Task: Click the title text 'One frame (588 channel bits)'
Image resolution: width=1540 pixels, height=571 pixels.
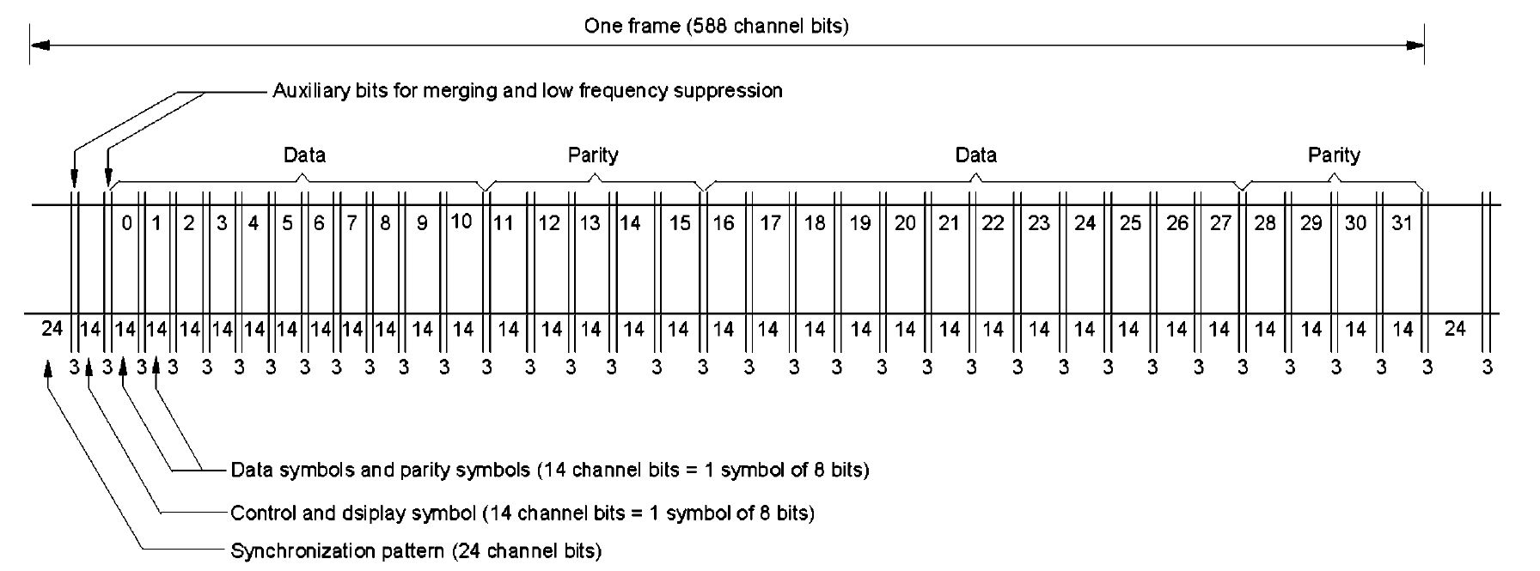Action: pyautogui.click(x=716, y=26)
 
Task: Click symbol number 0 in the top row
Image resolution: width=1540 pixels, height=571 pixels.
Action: pyautogui.click(x=127, y=224)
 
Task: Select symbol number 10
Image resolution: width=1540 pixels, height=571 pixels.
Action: pyautogui.click(x=461, y=222)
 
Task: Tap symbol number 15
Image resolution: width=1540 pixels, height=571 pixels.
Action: pyautogui.click(x=680, y=224)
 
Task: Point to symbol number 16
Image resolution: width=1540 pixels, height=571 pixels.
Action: pyautogui.click(x=724, y=224)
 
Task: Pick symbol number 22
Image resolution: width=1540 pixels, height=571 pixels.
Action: pyautogui.click(x=993, y=224)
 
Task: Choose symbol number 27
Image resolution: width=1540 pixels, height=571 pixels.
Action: pyautogui.click(x=1220, y=224)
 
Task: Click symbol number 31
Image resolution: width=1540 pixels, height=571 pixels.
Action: pyautogui.click(x=1402, y=224)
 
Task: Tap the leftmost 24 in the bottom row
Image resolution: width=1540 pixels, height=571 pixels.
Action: pyautogui.click(x=52, y=328)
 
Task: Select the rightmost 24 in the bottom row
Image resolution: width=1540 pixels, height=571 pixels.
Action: pyautogui.click(x=1455, y=328)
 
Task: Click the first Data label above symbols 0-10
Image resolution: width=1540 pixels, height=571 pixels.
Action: pyautogui.click(x=304, y=155)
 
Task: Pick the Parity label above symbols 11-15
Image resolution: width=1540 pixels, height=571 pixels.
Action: pyautogui.click(x=593, y=155)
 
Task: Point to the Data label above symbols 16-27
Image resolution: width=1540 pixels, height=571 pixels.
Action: pyautogui.click(x=976, y=155)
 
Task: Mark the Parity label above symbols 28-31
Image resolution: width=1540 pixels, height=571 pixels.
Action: pyautogui.click(x=1334, y=155)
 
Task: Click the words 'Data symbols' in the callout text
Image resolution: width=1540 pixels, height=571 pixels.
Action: pyautogui.click(x=280, y=471)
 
